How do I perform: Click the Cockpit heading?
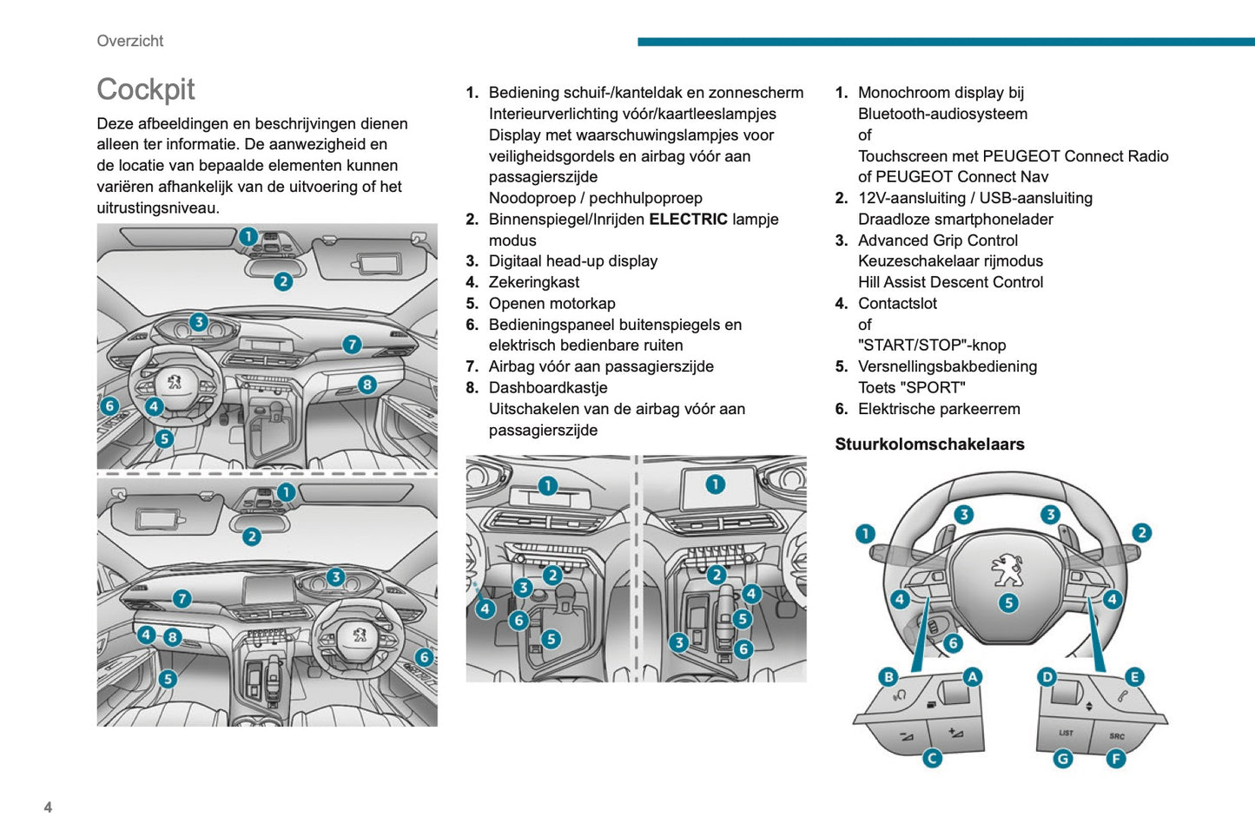point(146,89)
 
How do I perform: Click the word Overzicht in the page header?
point(130,41)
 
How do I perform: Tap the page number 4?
point(48,807)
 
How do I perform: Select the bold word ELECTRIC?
point(688,220)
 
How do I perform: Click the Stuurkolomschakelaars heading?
point(929,444)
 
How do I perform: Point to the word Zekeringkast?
point(533,282)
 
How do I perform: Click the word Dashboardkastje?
point(547,388)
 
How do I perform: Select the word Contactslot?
point(897,304)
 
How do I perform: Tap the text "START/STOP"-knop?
point(932,346)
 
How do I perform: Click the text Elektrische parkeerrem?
point(939,409)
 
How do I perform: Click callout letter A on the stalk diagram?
point(973,677)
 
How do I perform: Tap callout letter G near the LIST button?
point(1063,759)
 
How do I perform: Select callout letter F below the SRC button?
point(1116,759)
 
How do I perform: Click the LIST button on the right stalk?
point(1066,734)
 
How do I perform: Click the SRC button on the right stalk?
point(1117,736)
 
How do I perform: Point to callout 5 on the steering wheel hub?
point(1008,602)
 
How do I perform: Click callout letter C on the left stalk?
point(932,759)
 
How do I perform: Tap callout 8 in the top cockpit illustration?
point(367,385)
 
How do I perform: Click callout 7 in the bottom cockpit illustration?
point(182,599)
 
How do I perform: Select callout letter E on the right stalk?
point(1134,677)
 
